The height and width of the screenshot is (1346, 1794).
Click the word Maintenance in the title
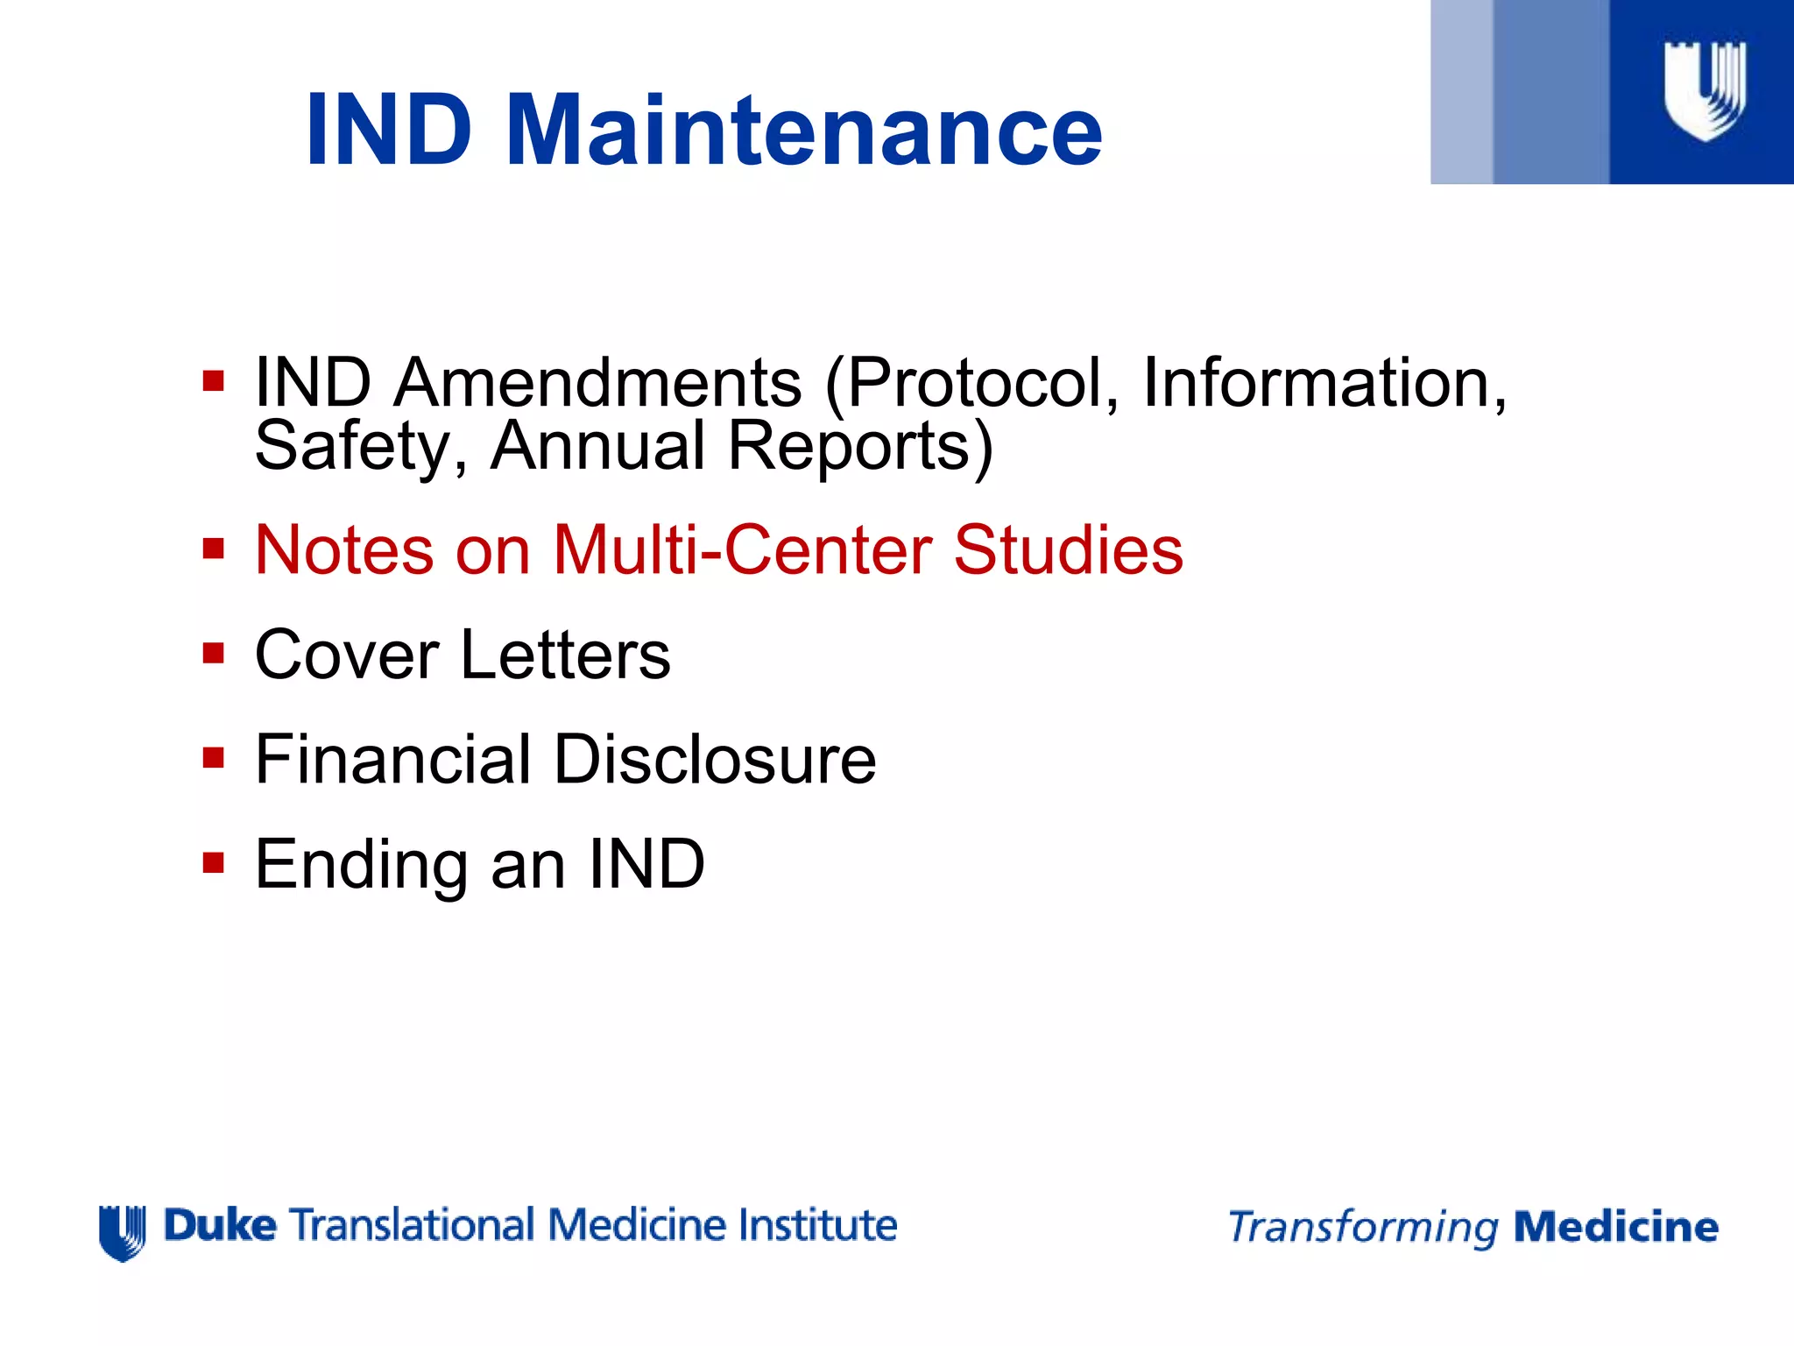pyautogui.click(x=803, y=131)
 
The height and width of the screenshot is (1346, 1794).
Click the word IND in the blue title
pyautogui.click(x=390, y=131)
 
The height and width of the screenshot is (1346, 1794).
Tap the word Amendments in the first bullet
pyautogui.click(x=597, y=383)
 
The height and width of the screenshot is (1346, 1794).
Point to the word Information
pyautogui.click(x=1324, y=383)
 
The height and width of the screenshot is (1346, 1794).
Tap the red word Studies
pyautogui.click(x=1068, y=550)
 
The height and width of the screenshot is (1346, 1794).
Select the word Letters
pyautogui.click(x=565, y=655)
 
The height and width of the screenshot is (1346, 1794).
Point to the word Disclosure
pyautogui.click(x=714, y=759)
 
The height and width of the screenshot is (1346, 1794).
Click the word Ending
pyautogui.click(x=361, y=865)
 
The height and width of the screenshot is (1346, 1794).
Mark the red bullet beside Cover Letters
pyautogui.click(x=213, y=654)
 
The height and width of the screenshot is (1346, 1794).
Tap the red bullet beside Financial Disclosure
pyautogui.click(x=213, y=758)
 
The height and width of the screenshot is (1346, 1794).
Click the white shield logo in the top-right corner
pyautogui.click(x=1704, y=90)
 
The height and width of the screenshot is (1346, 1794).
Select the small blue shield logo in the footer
pyautogui.click(x=122, y=1232)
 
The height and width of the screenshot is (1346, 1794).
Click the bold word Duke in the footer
pyautogui.click(x=220, y=1225)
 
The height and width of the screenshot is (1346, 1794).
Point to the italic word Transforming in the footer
pyautogui.click(x=1363, y=1228)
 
